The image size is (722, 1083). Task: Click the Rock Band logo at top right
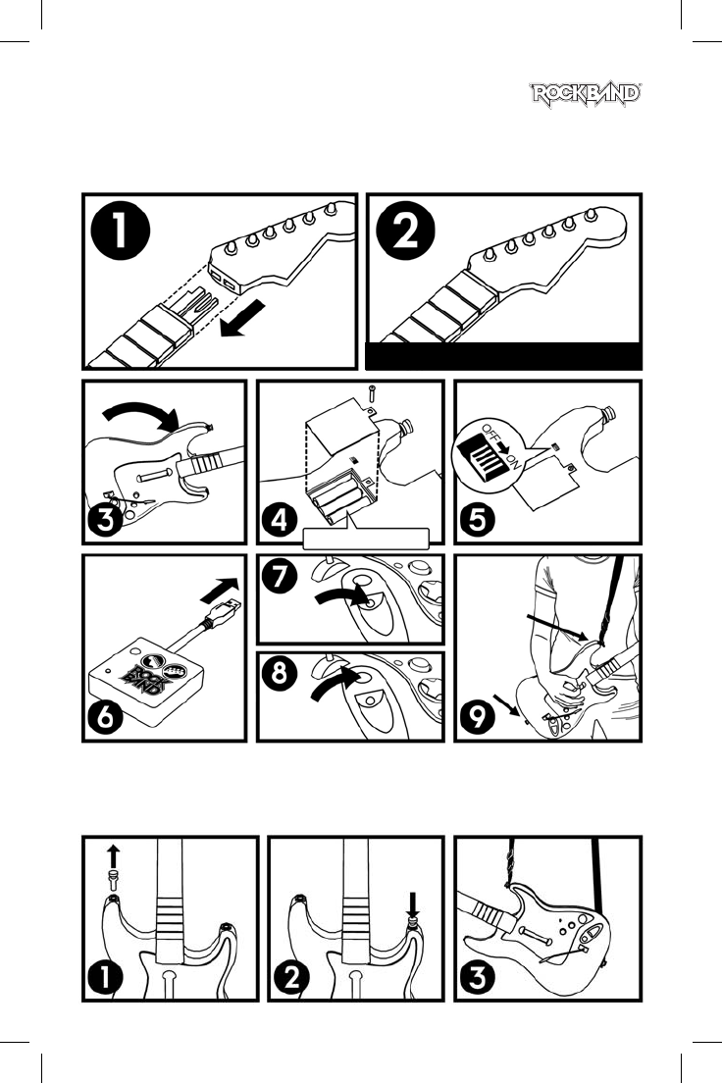coord(586,95)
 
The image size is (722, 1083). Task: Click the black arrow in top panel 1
coord(242,319)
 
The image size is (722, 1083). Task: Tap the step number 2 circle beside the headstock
coord(405,231)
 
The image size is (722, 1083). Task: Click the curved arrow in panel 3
coord(141,416)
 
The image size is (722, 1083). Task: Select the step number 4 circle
coord(280,519)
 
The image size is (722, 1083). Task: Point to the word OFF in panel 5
coord(491,434)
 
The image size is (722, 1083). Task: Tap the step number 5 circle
coord(478,519)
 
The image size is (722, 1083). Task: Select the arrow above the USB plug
coord(220,590)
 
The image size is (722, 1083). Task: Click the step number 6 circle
coord(105,718)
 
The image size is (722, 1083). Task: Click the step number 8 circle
coord(280,673)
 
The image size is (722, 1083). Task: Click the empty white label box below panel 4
coord(366,539)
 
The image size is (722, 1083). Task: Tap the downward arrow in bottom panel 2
coord(413,903)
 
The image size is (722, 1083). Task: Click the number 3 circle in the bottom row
coord(478,978)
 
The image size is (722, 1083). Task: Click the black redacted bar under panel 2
coord(503,356)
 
